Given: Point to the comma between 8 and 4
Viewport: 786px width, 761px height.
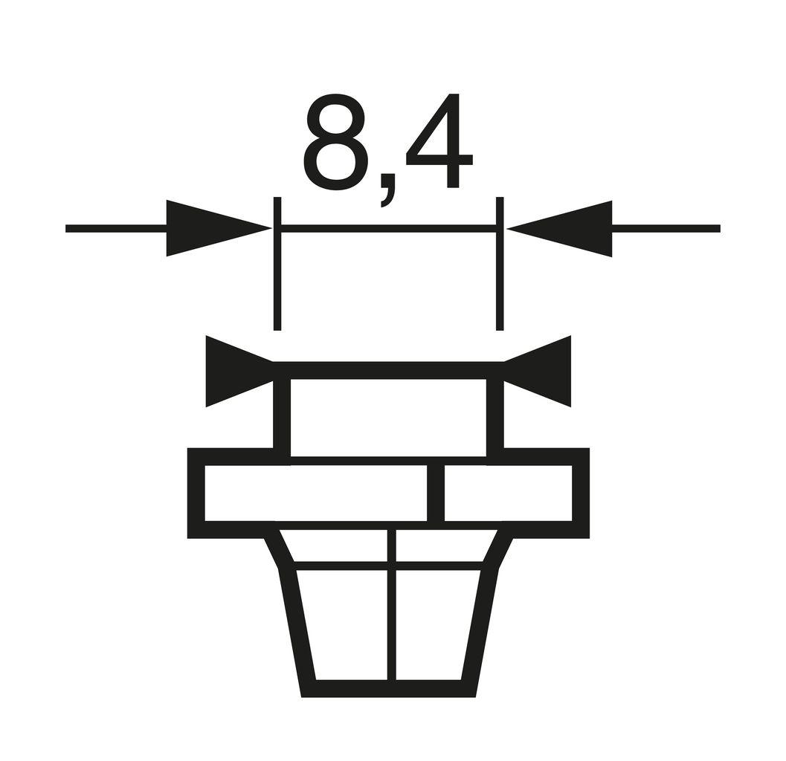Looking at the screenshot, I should (387, 195).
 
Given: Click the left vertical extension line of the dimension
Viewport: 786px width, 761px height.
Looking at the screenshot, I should (277, 282).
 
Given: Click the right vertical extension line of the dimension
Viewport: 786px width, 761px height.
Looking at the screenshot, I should (500, 282).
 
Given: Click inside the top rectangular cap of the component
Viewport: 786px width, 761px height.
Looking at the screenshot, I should (388, 416).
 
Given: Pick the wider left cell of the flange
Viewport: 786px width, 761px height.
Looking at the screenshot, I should (315, 493).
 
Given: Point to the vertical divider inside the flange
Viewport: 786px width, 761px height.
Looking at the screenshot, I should (436, 493).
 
